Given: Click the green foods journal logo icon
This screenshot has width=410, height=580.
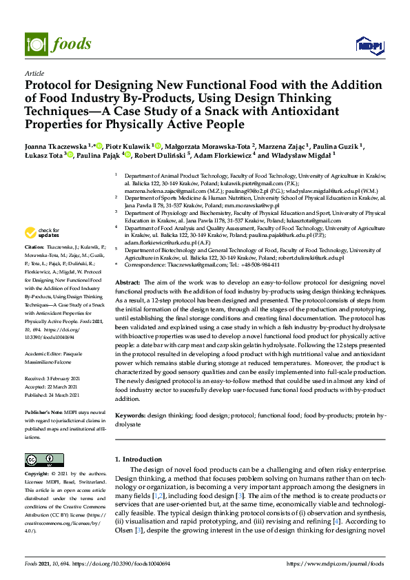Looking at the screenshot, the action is click(x=34, y=43).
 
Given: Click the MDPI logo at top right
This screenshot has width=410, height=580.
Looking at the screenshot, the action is click(x=369, y=45).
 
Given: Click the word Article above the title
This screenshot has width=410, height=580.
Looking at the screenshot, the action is click(x=34, y=73).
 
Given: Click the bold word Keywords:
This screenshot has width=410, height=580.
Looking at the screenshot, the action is click(x=130, y=416).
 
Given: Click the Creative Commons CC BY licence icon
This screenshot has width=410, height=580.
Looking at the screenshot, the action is click(x=44, y=459).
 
